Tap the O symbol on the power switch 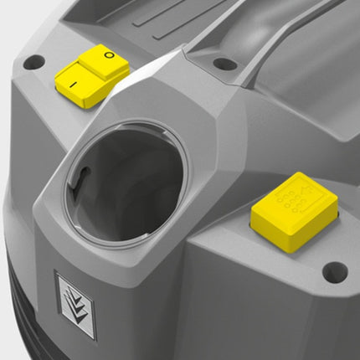click(110, 55)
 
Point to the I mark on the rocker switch click(73, 85)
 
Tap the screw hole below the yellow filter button click(335, 272)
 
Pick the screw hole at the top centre click(225, 64)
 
